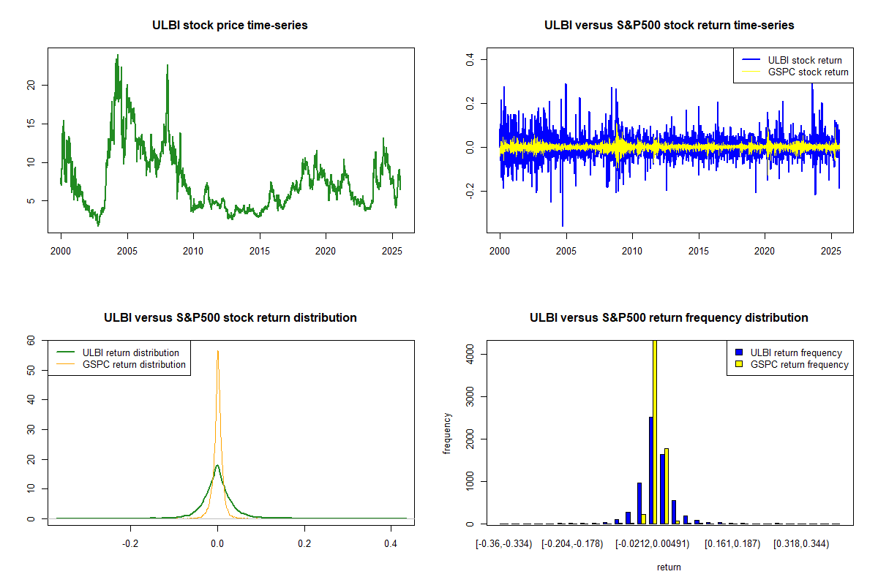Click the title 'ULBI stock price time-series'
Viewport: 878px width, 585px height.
pyautogui.click(x=230, y=26)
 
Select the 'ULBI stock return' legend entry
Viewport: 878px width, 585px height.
pyautogui.click(x=804, y=60)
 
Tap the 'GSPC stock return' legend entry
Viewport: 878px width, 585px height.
pyautogui.click(x=808, y=72)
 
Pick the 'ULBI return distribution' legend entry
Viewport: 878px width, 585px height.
pyautogui.click(x=130, y=352)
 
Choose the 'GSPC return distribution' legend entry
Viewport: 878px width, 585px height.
pyautogui.click(x=134, y=364)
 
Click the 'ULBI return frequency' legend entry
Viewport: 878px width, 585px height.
pyautogui.click(x=796, y=352)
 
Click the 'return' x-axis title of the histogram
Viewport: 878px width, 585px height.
pyautogui.click(x=669, y=567)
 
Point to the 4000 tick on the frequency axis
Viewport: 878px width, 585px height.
pyautogui.click(x=468, y=355)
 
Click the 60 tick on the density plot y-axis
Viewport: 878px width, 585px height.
pyautogui.click(x=31, y=340)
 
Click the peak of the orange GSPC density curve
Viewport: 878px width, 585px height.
pyautogui.click(x=217, y=352)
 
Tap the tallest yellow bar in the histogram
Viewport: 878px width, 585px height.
pyautogui.click(x=654, y=431)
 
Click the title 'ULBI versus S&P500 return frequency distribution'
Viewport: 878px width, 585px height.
pyautogui.click(x=669, y=318)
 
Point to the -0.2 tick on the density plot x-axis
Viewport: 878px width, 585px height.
pyautogui.click(x=130, y=544)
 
